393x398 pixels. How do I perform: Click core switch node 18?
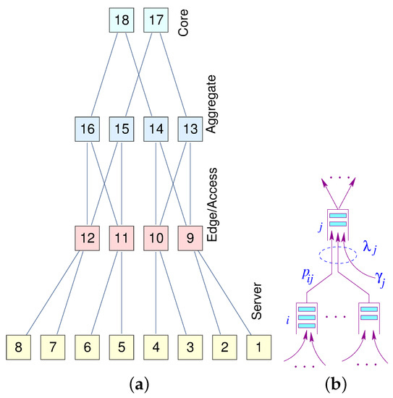tap(123, 20)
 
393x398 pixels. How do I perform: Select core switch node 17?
tap(157, 20)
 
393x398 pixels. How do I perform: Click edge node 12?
tap(88, 238)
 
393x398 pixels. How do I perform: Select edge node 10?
tap(157, 238)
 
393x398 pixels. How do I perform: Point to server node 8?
tap(20, 347)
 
